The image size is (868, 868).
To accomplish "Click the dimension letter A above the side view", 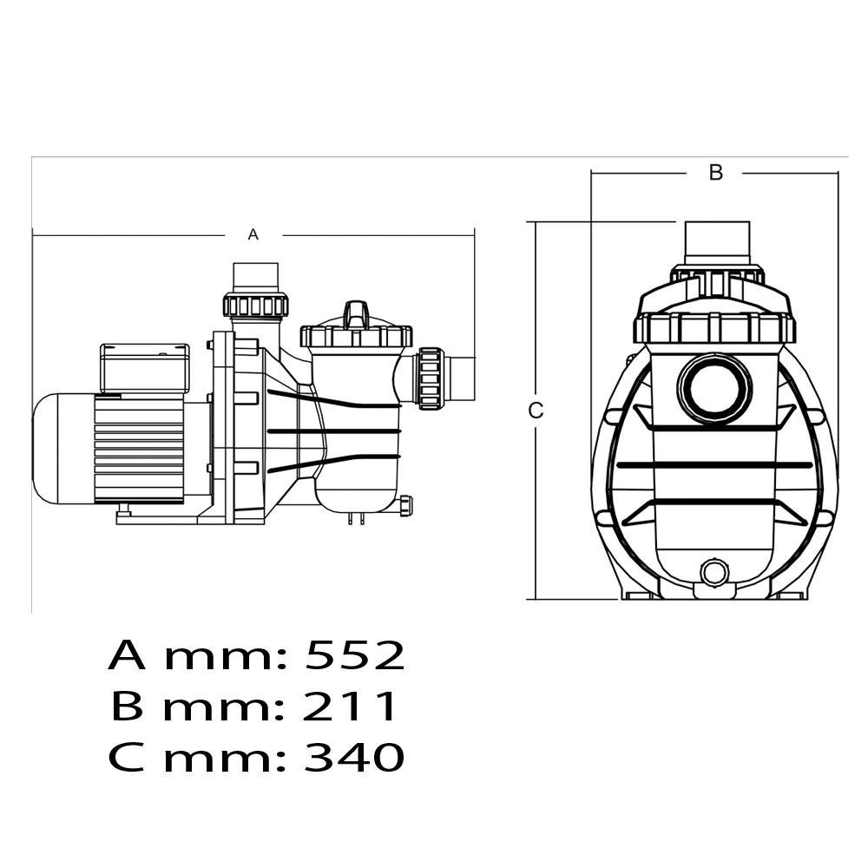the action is click(253, 234).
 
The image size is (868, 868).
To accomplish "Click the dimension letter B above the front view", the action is click(716, 173).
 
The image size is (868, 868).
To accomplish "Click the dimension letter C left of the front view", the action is click(536, 411).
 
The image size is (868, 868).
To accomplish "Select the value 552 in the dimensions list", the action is click(355, 655).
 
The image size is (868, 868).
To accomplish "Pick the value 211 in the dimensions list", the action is click(350, 706).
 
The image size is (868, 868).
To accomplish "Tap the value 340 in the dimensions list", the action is click(354, 757).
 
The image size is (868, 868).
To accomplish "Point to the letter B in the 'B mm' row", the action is click(127, 706).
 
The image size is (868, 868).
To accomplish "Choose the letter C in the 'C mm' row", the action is click(126, 757).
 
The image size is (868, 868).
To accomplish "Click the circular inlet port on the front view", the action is click(714, 389).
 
